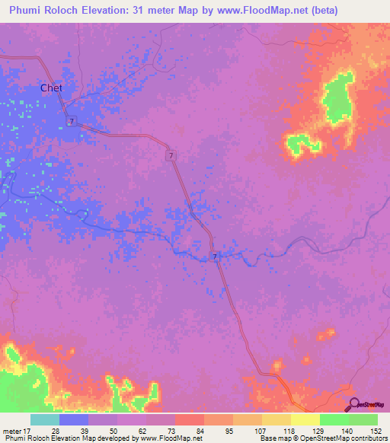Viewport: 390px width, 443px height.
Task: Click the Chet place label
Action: click(x=51, y=88)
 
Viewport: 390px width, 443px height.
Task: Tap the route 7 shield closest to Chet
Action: click(x=70, y=122)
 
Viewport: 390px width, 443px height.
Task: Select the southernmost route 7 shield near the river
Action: click(x=216, y=257)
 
